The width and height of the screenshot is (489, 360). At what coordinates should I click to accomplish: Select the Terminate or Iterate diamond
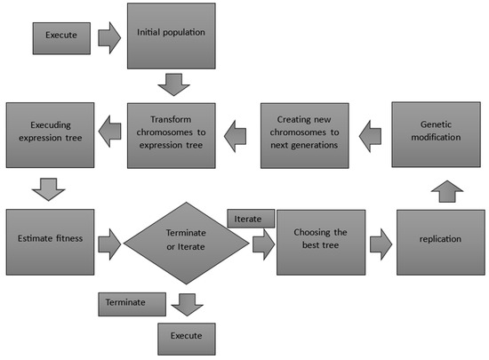click(187, 240)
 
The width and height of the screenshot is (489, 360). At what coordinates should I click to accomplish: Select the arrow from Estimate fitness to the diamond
click(108, 241)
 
